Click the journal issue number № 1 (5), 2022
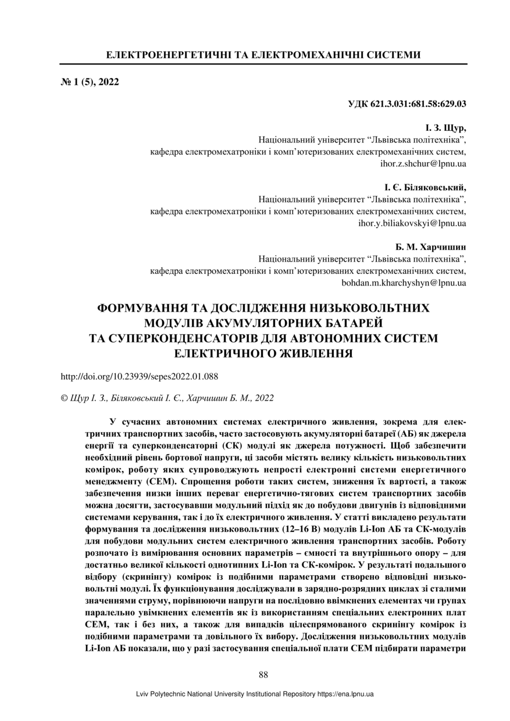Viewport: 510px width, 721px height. (90, 82)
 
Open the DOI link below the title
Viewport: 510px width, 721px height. (139, 376)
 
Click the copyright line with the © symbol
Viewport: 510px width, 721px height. (167, 398)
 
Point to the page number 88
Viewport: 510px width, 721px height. (263, 674)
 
